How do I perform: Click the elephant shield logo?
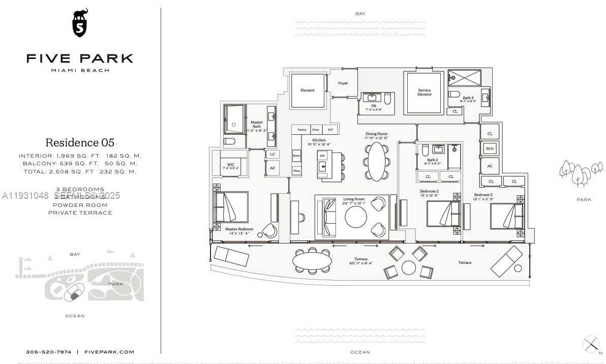click(x=80, y=23)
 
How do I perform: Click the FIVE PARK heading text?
click(x=80, y=58)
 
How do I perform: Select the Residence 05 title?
click(x=80, y=142)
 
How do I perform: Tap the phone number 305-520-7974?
click(x=49, y=352)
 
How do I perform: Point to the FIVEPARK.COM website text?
click(x=109, y=352)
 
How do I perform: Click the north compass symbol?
click(x=591, y=344)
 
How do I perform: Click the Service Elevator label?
click(x=425, y=92)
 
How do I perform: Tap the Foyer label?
click(x=343, y=83)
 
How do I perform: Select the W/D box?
click(x=490, y=149)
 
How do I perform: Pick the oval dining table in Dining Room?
click(x=376, y=161)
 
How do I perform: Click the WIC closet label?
click(x=230, y=166)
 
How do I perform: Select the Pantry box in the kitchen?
click(x=302, y=130)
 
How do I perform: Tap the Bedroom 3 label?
click(x=483, y=195)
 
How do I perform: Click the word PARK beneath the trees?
click(x=584, y=200)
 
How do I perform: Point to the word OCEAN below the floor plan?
click(x=360, y=352)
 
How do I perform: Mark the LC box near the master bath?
click(x=272, y=154)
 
